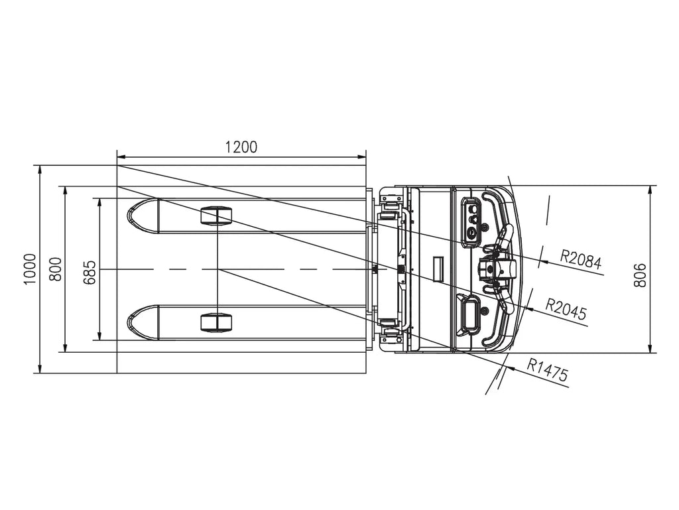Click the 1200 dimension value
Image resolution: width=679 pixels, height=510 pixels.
pos(241,147)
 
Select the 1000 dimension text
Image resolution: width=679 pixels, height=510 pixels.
pos(30,269)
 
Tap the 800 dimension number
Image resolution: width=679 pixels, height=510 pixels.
pos(56,269)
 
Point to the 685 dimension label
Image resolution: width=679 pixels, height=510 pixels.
pos(90,273)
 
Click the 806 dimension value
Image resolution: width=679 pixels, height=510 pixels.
pos(640,275)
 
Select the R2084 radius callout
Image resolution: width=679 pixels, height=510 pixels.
pos(581,259)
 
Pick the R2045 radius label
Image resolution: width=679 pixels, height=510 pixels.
pos(566,308)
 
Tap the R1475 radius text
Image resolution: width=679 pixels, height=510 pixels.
pos(547,369)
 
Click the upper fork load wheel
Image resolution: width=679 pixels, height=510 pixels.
pos(217,216)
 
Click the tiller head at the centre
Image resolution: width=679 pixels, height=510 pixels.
pos(496,269)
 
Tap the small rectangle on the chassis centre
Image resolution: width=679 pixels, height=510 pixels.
pos(439,269)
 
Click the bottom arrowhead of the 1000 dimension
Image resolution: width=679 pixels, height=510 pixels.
pos(40,367)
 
